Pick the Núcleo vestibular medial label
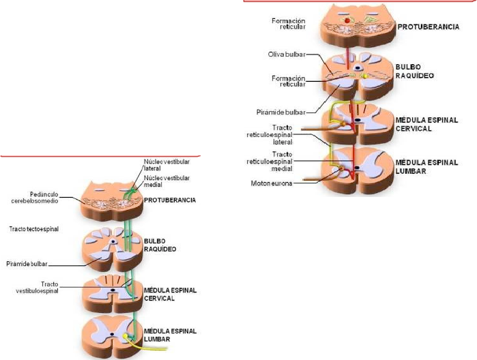[167, 181]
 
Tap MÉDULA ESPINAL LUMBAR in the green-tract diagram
[170, 335]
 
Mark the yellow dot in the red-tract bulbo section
[364, 75]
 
